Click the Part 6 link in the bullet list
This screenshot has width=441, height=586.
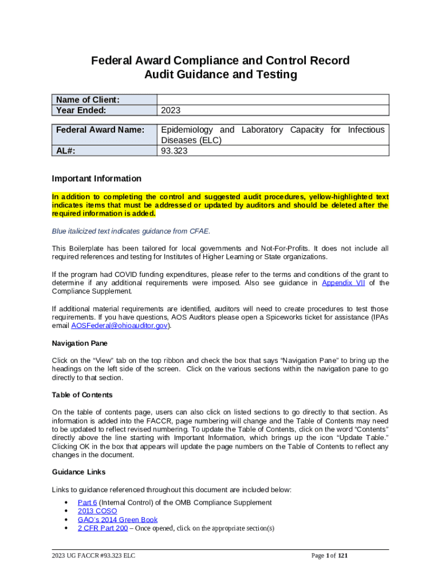point(88,502)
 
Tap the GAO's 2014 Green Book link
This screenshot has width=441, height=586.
point(117,520)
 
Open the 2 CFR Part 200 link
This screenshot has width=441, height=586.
point(103,528)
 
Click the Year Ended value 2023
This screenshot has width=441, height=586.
point(171,110)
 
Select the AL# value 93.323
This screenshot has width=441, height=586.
point(174,151)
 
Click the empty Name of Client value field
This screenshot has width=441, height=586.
point(273,100)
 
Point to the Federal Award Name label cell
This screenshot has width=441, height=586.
point(100,130)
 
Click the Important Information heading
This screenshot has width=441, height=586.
point(96,179)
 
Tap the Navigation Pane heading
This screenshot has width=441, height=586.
point(80,343)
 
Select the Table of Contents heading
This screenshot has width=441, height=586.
point(82,395)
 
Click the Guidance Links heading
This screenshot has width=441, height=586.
point(78,472)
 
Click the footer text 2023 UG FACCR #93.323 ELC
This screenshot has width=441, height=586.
point(93,556)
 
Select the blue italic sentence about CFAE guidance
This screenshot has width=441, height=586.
point(131,231)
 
